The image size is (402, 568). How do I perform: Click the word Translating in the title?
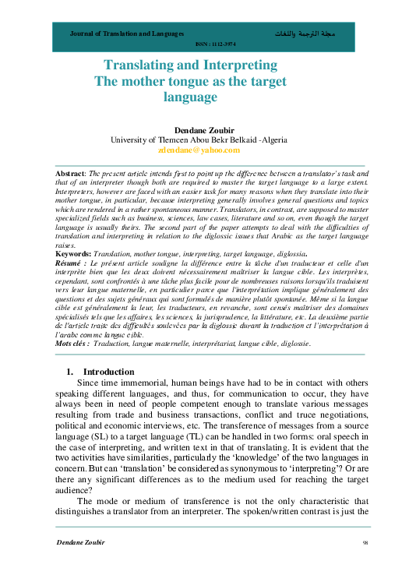pos(141,67)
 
